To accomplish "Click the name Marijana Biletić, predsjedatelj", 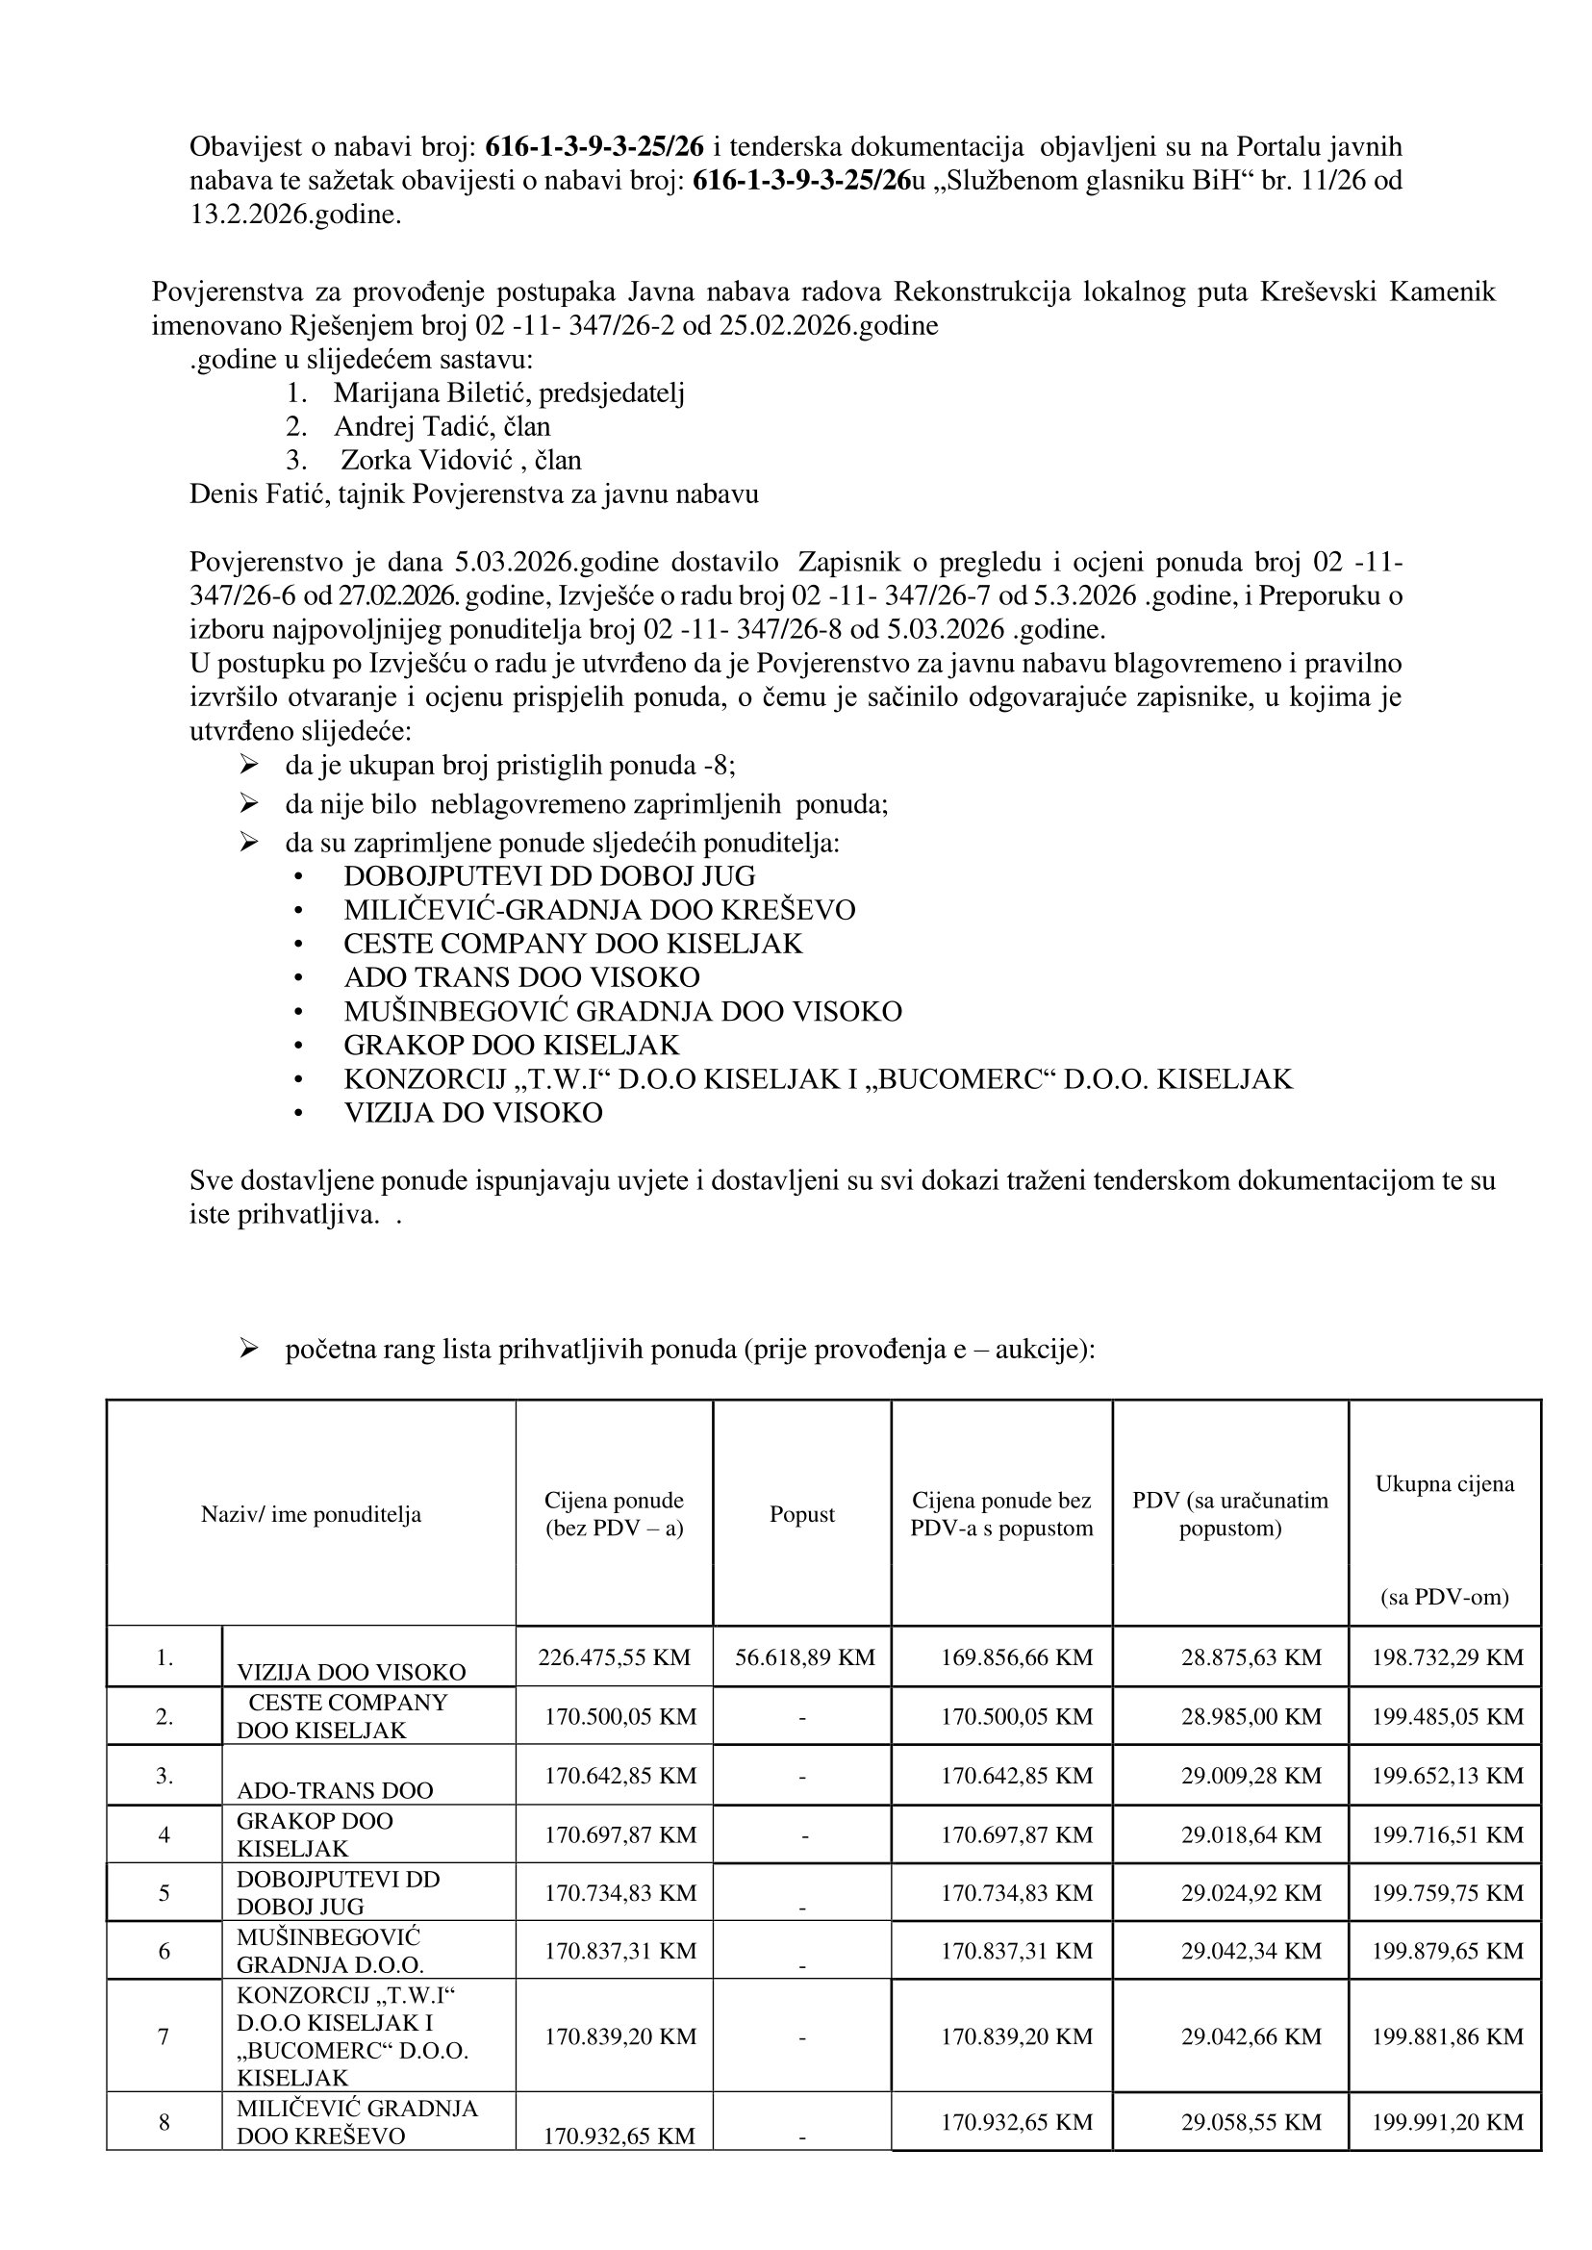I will (508, 393).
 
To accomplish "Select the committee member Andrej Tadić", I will (442, 426).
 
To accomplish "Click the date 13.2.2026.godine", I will (295, 215).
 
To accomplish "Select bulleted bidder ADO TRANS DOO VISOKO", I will (521, 977).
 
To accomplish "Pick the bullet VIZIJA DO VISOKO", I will (472, 1113).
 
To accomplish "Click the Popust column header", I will (802, 1515).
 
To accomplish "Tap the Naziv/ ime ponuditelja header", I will (311, 1515).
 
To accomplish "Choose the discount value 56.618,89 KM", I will (804, 1657).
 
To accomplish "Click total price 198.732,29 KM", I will (1447, 1657).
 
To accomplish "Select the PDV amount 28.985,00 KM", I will (1251, 1717).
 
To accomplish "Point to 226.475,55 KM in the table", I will (614, 1657).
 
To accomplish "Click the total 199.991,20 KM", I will (1447, 2123).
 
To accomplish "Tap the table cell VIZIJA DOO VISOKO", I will (351, 1672).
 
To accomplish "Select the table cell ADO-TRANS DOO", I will (335, 1790).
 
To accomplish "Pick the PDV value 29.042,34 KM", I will (1251, 1951).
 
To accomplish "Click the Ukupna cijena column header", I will (1444, 1484).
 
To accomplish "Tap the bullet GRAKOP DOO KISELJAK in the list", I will (511, 1045).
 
